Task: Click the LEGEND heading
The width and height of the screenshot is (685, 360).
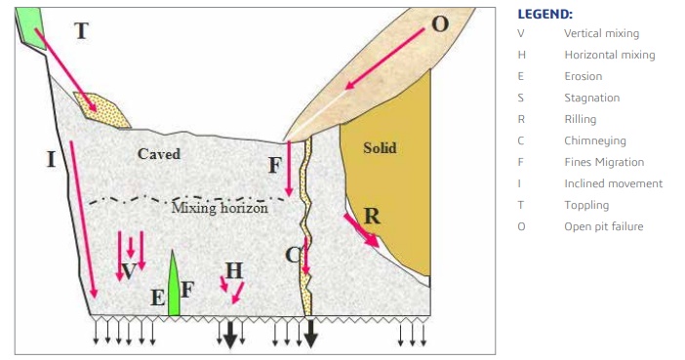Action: pyautogui.click(x=544, y=14)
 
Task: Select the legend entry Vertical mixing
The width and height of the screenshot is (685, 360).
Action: pyautogui.click(x=601, y=33)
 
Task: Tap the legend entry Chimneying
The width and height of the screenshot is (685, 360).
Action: pyautogui.click(x=595, y=140)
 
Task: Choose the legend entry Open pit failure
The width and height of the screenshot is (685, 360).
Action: pyautogui.click(x=604, y=226)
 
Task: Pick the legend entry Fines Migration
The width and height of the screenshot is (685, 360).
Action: pyautogui.click(x=604, y=162)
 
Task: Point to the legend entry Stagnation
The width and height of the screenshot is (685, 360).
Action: pyautogui.click(x=592, y=98)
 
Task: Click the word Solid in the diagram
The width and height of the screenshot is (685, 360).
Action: pyautogui.click(x=380, y=148)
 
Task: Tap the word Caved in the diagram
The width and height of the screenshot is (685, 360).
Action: pyautogui.click(x=159, y=154)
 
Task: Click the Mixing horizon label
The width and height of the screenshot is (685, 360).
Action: pyautogui.click(x=220, y=208)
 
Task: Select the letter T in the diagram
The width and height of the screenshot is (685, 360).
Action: pyautogui.click(x=82, y=31)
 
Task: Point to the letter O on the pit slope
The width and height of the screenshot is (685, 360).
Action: pyautogui.click(x=440, y=24)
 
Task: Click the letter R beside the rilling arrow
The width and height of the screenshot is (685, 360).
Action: pyautogui.click(x=372, y=216)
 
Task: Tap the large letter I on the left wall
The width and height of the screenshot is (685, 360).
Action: pyautogui.click(x=51, y=159)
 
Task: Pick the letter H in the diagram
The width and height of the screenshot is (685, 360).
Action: pyautogui.click(x=234, y=271)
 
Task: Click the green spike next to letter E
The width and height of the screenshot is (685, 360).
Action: pyautogui.click(x=174, y=283)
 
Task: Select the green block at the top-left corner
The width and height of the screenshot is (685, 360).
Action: pyautogui.click(x=30, y=28)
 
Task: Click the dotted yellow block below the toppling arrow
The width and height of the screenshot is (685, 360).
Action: pyautogui.click(x=101, y=109)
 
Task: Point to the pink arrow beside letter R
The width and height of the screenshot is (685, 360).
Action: pyautogui.click(x=361, y=230)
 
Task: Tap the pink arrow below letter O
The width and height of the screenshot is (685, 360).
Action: pyautogui.click(x=384, y=59)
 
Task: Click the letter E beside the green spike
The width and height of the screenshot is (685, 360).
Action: pyautogui.click(x=158, y=298)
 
